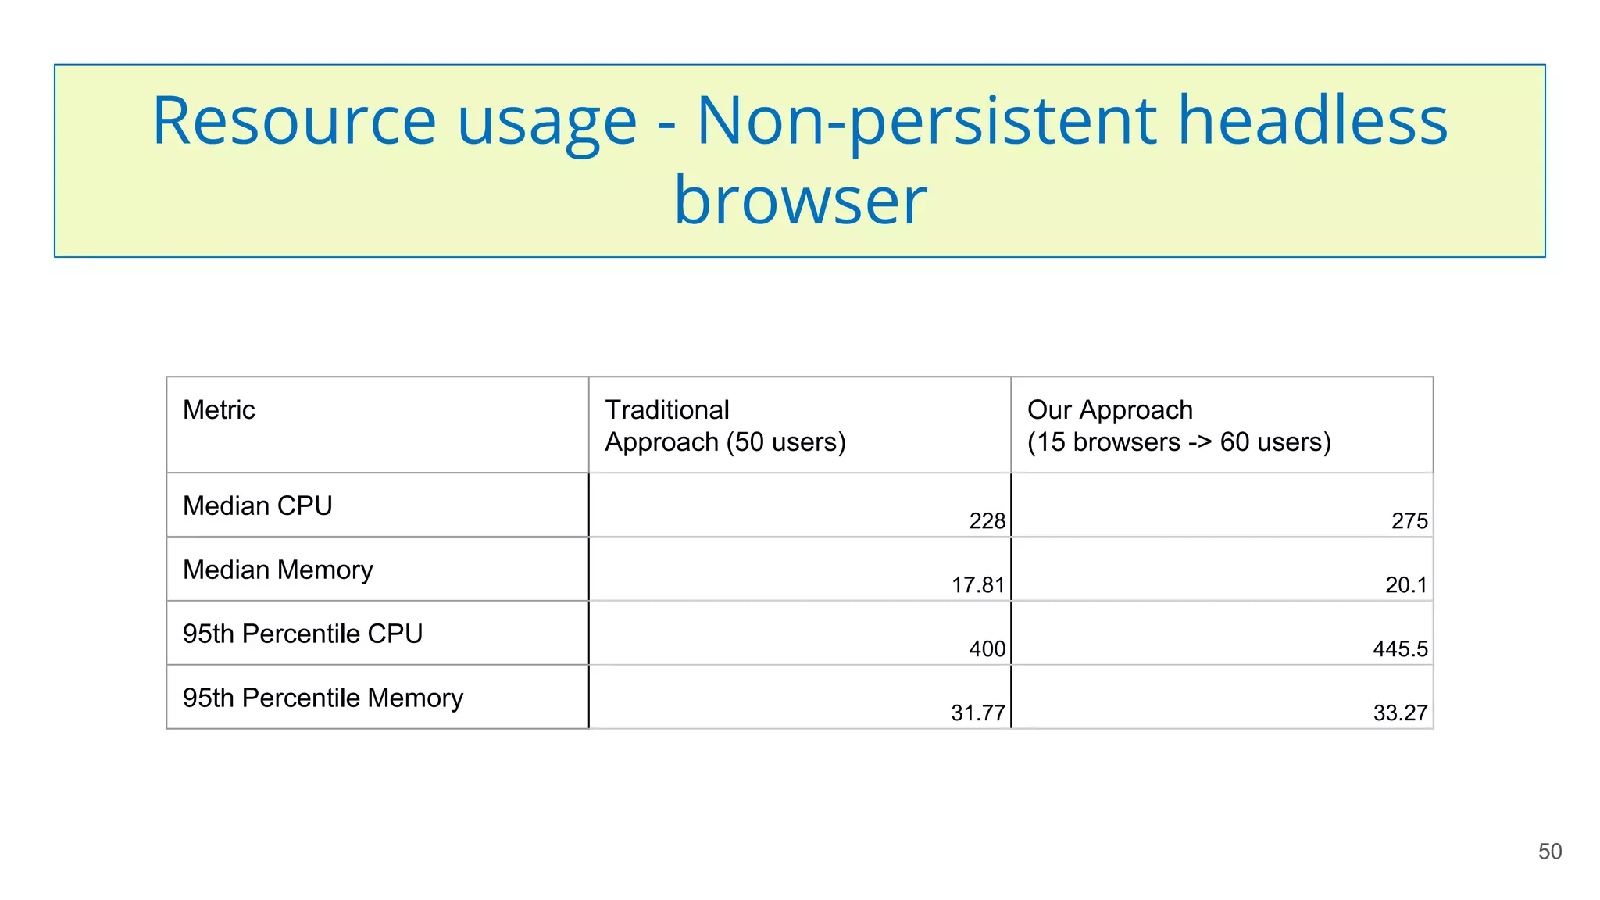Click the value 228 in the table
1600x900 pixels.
pos(987,521)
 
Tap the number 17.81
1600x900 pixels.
pos(977,585)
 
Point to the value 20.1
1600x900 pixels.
pos(1405,585)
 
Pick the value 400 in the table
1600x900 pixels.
pos(987,649)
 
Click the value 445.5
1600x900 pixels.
pos(1400,649)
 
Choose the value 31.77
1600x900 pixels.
pos(977,713)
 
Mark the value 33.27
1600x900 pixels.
pos(1400,713)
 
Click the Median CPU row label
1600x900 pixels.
pos(257,506)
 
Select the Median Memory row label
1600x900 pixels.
pos(277,570)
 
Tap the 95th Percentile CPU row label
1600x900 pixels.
pos(302,634)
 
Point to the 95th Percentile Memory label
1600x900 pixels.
pos(323,698)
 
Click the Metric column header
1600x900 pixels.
pos(219,410)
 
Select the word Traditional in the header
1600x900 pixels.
pos(666,410)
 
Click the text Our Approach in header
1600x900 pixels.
pos(1109,410)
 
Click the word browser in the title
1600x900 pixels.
pos(800,201)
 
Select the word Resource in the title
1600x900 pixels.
pos(294,121)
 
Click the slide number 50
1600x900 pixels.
pos(1549,852)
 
